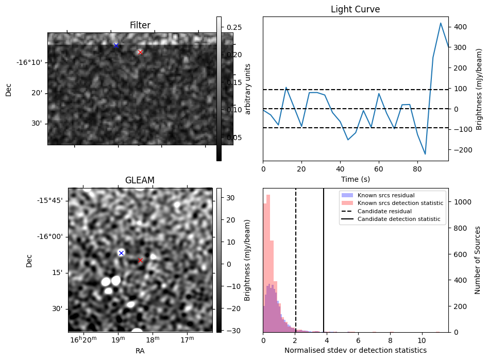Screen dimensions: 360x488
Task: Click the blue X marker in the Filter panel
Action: click(x=116, y=45)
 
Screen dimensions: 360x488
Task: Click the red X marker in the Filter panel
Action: click(x=140, y=52)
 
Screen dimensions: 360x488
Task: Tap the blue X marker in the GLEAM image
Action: click(x=121, y=252)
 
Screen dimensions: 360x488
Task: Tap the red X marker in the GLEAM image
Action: click(x=140, y=260)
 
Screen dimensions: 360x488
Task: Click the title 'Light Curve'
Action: click(x=355, y=9)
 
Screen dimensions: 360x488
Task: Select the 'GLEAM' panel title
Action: click(x=140, y=180)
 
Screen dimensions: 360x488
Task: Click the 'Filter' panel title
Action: click(x=140, y=25)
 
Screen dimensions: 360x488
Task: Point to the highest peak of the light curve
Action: click(x=441, y=23)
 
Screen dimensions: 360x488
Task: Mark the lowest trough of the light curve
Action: click(x=425, y=154)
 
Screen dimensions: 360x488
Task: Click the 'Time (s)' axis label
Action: click(x=355, y=179)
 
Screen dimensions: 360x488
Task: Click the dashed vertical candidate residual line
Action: click(x=296, y=258)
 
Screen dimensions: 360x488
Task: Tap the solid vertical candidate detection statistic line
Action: click(x=324, y=258)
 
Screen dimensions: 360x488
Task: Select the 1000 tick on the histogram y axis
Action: click(x=460, y=202)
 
